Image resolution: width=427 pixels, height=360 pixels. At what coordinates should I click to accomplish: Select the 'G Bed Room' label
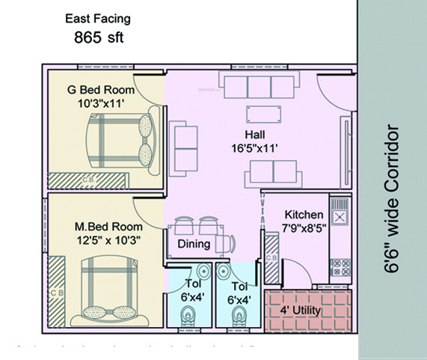tap(97, 89)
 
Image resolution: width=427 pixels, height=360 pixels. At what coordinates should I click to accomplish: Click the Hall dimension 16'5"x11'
tap(255, 148)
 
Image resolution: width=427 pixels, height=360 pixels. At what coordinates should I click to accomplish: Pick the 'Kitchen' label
tap(303, 214)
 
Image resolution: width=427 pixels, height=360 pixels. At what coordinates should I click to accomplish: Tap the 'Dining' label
tap(193, 244)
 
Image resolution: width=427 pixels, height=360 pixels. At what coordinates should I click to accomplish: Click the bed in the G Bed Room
tap(120, 141)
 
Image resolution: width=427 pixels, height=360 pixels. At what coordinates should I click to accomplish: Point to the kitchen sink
tap(339, 217)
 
